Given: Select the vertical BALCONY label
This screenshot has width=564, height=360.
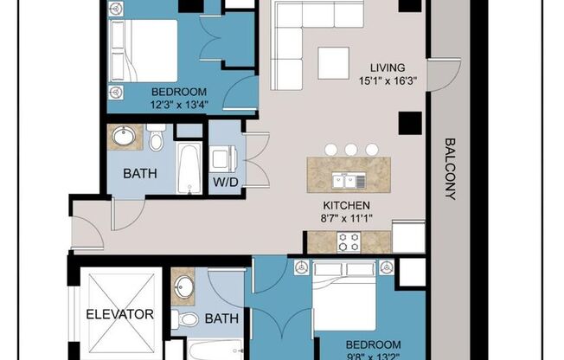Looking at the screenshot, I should click(449, 170).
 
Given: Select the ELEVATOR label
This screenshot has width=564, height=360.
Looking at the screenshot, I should click(120, 314).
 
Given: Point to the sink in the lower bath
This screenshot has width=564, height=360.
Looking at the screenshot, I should click(183, 286).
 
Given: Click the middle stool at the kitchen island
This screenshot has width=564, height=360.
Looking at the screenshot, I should click(349, 150).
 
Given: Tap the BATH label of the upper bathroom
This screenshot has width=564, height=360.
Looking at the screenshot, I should click(139, 173).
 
